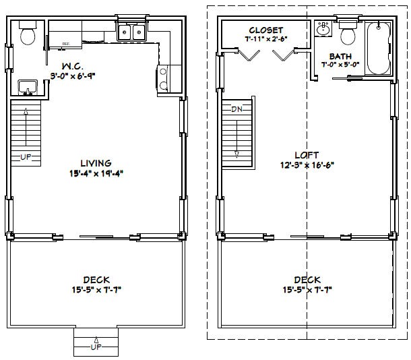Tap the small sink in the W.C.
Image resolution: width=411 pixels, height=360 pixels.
[28, 88]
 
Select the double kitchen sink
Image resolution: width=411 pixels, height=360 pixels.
[131, 32]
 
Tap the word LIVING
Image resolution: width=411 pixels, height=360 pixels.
[95, 162]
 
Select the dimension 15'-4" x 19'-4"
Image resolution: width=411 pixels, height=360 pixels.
[95, 173]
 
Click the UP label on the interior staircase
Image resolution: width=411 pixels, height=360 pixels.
[26, 157]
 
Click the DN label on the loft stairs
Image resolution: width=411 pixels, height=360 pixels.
[236, 109]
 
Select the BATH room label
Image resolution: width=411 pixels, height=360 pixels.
[340, 56]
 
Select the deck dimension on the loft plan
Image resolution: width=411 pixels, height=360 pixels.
[307, 290]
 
